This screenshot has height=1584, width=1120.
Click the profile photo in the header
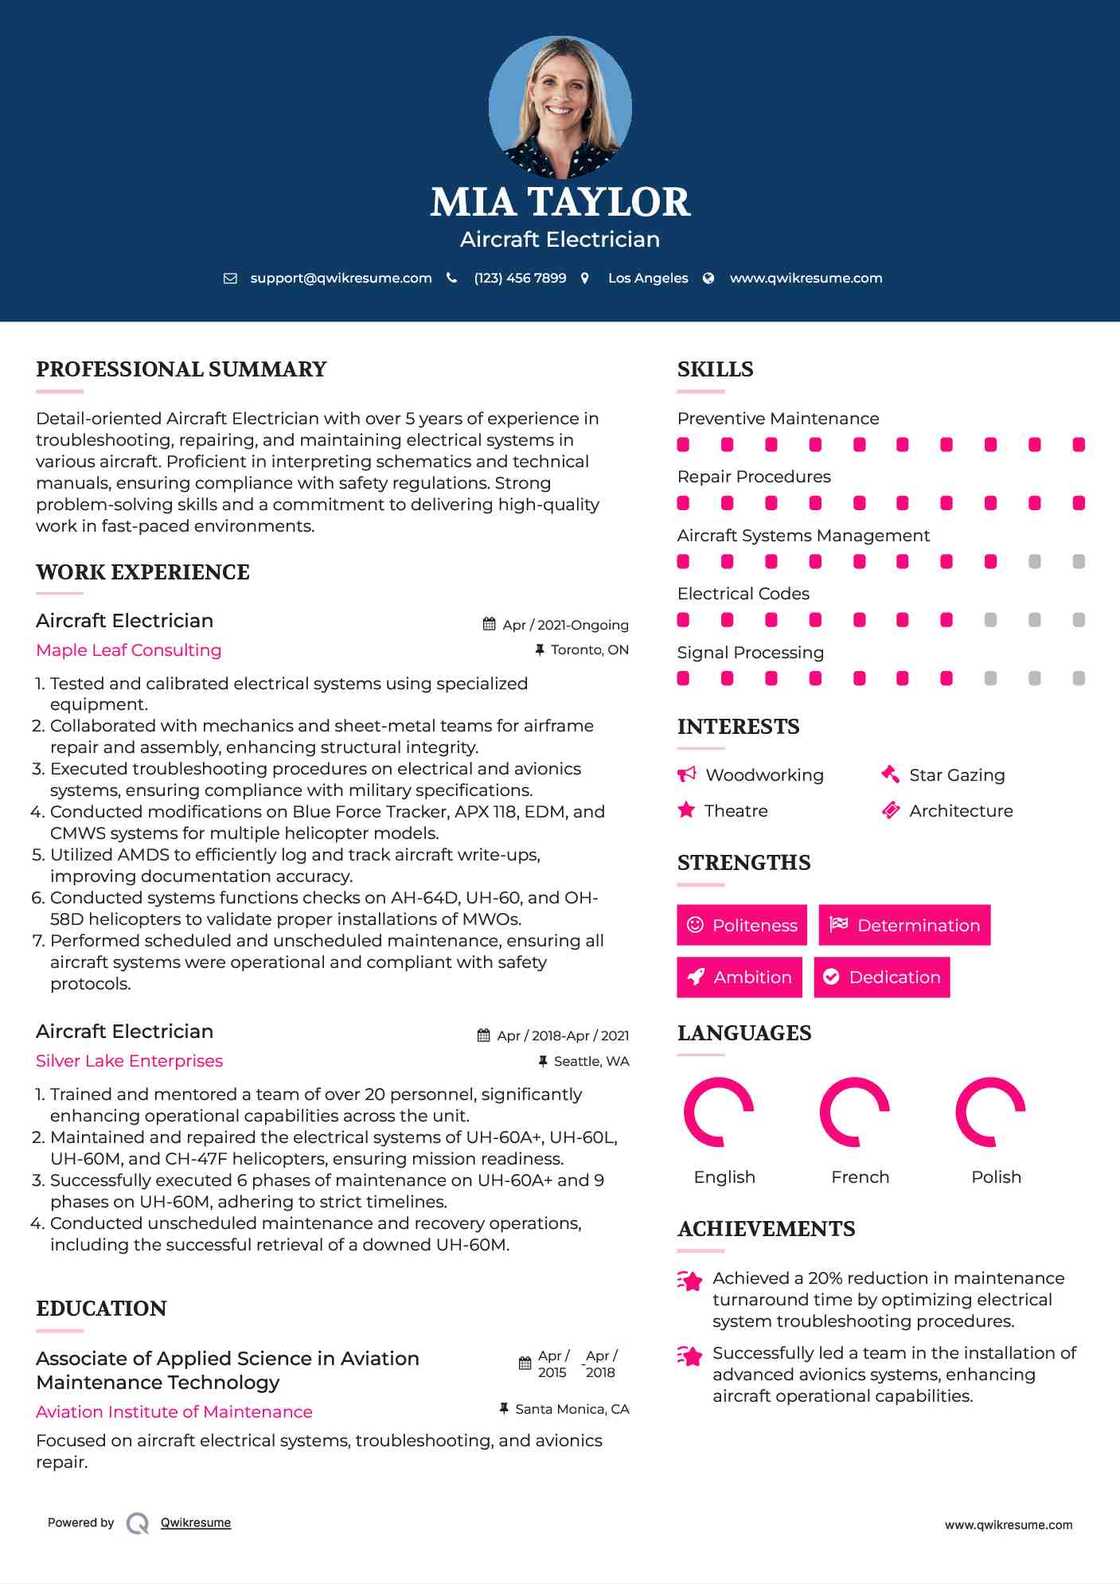pyautogui.click(x=560, y=107)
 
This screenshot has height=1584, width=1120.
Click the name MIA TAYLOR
pyautogui.click(x=560, y=202)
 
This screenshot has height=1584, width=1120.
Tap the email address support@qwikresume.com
pyautogui.click(x=341, y=278)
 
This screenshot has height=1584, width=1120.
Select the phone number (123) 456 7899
pyautogui.click(x=520, y=278)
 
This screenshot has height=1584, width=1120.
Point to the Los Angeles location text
pyautogui.click(x=647, y=278)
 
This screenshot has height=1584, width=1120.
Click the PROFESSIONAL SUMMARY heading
pyautogui.click(x=181, y=369)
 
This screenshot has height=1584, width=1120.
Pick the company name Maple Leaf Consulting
pyautogui.click(x=129, y=650)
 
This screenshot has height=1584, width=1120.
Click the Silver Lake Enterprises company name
pyautogui.click(x=129, y=1061)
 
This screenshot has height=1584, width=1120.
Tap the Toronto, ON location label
pyautogui.click(x=589, y=650)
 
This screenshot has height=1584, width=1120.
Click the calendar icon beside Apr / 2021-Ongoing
pyautogui.click(x=489, y=624)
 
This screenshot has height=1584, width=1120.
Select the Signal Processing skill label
pyautogui.click(x=750, y=653)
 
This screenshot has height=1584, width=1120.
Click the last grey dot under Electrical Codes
pyautogui.click(x=1079, y=620)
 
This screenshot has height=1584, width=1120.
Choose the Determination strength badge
pyautogui.click(x=904, y=925)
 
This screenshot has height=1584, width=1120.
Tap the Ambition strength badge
pyautogui.click(x=740, y=977)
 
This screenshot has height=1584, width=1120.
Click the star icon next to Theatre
pyautogui.click(x=686, y=810)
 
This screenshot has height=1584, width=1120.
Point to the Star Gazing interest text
pyautogui.click(x=957, y=775)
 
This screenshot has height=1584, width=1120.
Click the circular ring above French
pyautogui.click(x=855, y=1112)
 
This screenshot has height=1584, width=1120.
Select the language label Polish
pyautogui.click(x=996, y=1177)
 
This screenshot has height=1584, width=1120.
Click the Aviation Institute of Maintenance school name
pyautogui.click(x=174, y=1412)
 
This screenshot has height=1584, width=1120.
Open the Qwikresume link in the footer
pyautogui.click(x=196, y=1523)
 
